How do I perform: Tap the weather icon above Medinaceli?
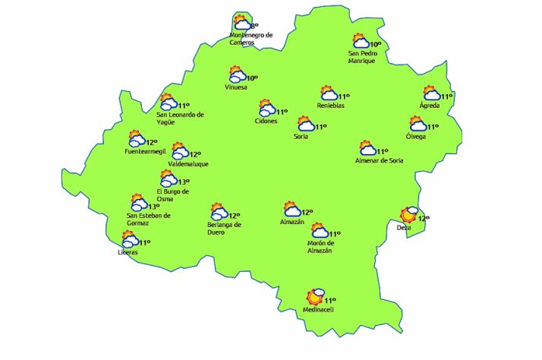click(315, 296)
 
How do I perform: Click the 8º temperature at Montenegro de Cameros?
click(254, 27)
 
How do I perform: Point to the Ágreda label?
click(430, 105)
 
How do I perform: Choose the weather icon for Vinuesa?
click(238, 74)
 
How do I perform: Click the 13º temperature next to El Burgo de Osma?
click(184, 182)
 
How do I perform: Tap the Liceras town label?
click(129, 251)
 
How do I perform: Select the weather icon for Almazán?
click(291, 210)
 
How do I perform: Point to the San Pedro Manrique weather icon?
click(361, 42)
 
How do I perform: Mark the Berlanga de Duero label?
click(224, 229)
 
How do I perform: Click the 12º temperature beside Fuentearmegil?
click(152, 142)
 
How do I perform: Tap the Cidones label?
click(266, 121)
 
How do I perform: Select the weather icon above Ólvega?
click(418, 124)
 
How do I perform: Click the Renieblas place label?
click(331, 106)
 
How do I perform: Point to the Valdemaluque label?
click(187, 164)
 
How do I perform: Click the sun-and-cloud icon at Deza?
click(411, 214)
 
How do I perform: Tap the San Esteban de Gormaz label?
click(149, 219)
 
